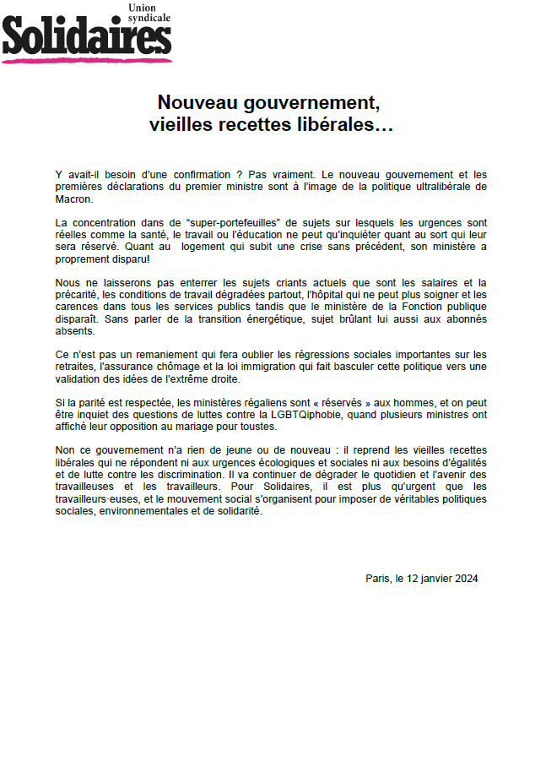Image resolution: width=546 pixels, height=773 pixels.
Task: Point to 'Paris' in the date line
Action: [378, 578]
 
